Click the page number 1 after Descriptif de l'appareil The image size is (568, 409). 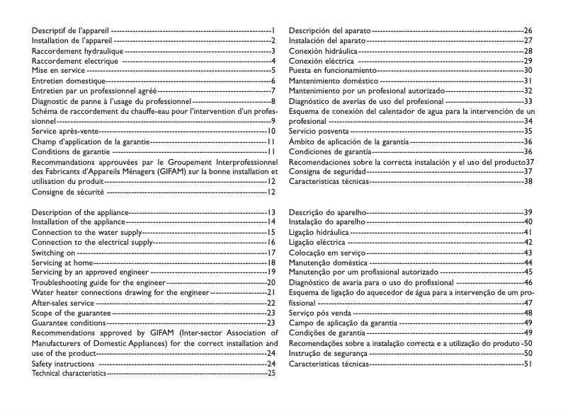273,31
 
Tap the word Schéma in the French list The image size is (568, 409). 47,111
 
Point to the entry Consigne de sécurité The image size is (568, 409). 69,191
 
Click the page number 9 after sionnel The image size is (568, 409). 273,121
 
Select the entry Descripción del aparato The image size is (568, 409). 329,31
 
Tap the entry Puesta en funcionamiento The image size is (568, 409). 333,71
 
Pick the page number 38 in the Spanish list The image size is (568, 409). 528,181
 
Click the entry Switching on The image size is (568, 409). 53,252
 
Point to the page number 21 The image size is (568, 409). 271,292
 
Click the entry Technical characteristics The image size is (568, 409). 68,373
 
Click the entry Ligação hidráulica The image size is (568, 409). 319,232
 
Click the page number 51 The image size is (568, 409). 528,363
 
